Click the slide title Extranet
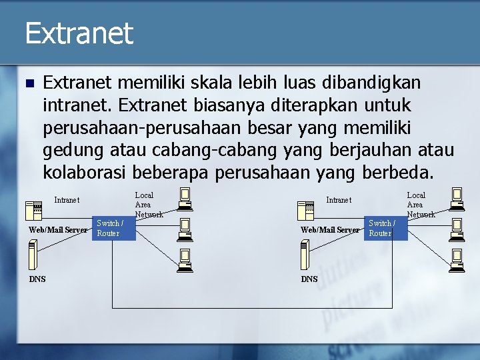coord(79,33)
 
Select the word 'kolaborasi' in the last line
coord(85,173)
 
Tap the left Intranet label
coord(67,200)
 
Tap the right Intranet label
coord(339,200)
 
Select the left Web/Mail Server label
coord(57,230)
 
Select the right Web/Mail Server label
coord(329,230)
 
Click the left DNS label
coord(37,279)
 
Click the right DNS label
coord(309,279)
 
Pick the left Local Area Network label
coord(148,205)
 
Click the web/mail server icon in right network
coord(307,211)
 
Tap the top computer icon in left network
coord(185,196)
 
